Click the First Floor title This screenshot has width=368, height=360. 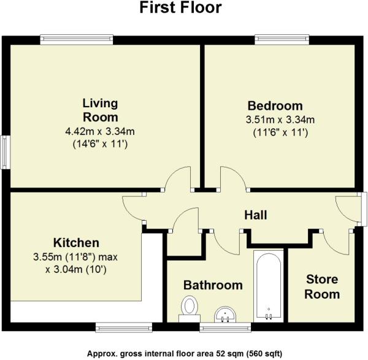click(180, 9)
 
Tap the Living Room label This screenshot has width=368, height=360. click(101, 110)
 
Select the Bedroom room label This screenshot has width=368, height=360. click(275, 104)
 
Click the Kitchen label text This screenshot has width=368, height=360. click(75, 242)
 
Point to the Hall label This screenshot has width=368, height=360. click(255, 215)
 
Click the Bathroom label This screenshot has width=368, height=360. click(213, 285)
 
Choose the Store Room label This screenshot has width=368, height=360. click(323, 287)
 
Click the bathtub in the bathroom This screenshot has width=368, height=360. click(268, 285)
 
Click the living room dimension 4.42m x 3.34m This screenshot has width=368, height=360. click(101, 131)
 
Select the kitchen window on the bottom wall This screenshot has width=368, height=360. click(123, 326)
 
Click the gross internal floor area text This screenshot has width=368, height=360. click(183, 354)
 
